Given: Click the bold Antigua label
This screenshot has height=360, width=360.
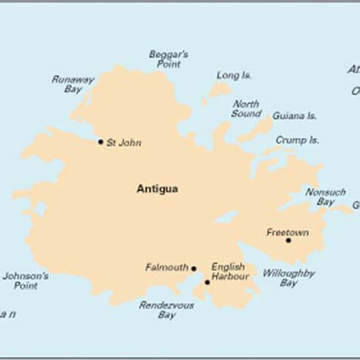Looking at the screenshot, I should click(157, 189).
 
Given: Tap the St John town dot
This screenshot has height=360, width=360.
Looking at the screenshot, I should click(101, 142).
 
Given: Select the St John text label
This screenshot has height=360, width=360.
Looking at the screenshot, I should click(124, 143).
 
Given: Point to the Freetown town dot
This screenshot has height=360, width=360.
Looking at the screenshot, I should click(288, 240).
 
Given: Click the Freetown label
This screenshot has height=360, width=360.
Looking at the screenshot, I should click(288, 232).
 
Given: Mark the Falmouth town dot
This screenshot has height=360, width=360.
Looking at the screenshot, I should click(194, 268).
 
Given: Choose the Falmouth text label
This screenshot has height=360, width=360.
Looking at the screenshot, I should click(167, 267).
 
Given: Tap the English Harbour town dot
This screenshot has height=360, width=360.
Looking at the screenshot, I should click(207, 282).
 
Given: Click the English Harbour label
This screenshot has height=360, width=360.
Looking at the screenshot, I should click(229, 272).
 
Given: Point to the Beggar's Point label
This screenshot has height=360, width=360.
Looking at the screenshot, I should click(169, 58).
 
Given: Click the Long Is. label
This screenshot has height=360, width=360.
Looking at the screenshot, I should click(234, 76).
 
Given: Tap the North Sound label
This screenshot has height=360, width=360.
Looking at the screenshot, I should click(246, 108).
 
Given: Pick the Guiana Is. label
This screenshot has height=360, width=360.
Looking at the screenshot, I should click(294, 116).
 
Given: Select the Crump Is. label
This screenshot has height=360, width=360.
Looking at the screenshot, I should click(297, 140).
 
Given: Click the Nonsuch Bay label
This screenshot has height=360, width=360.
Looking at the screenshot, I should click(326, 197).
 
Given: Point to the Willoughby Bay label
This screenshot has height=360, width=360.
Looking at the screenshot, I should click(289, 278).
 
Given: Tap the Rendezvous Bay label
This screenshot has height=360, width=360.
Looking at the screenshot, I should click(167, 309).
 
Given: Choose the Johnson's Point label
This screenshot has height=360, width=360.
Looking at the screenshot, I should click(26, 281).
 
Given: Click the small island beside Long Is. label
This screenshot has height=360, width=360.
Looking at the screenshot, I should click(219, 91).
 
